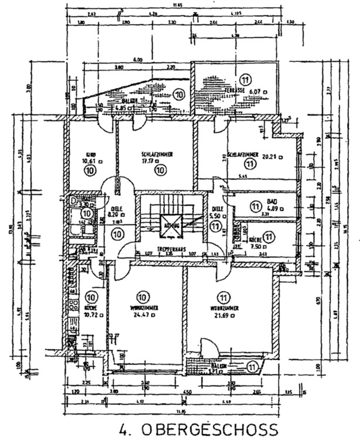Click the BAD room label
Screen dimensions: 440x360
tap(271, 201)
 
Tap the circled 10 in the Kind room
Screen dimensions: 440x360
tap(90, 170)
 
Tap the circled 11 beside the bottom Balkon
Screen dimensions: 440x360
tap(252, 366)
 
